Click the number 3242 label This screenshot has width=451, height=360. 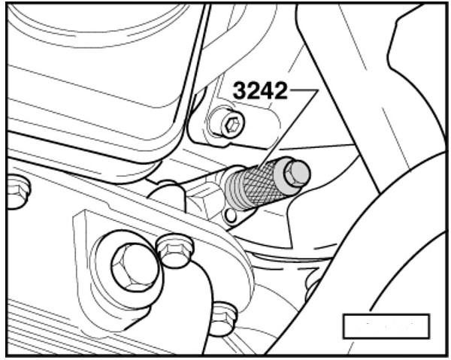point(260,91)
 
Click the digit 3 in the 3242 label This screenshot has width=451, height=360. point(240,91)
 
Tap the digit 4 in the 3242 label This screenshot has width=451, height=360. point(267,91)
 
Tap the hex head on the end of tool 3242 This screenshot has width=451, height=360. point(297,174)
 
